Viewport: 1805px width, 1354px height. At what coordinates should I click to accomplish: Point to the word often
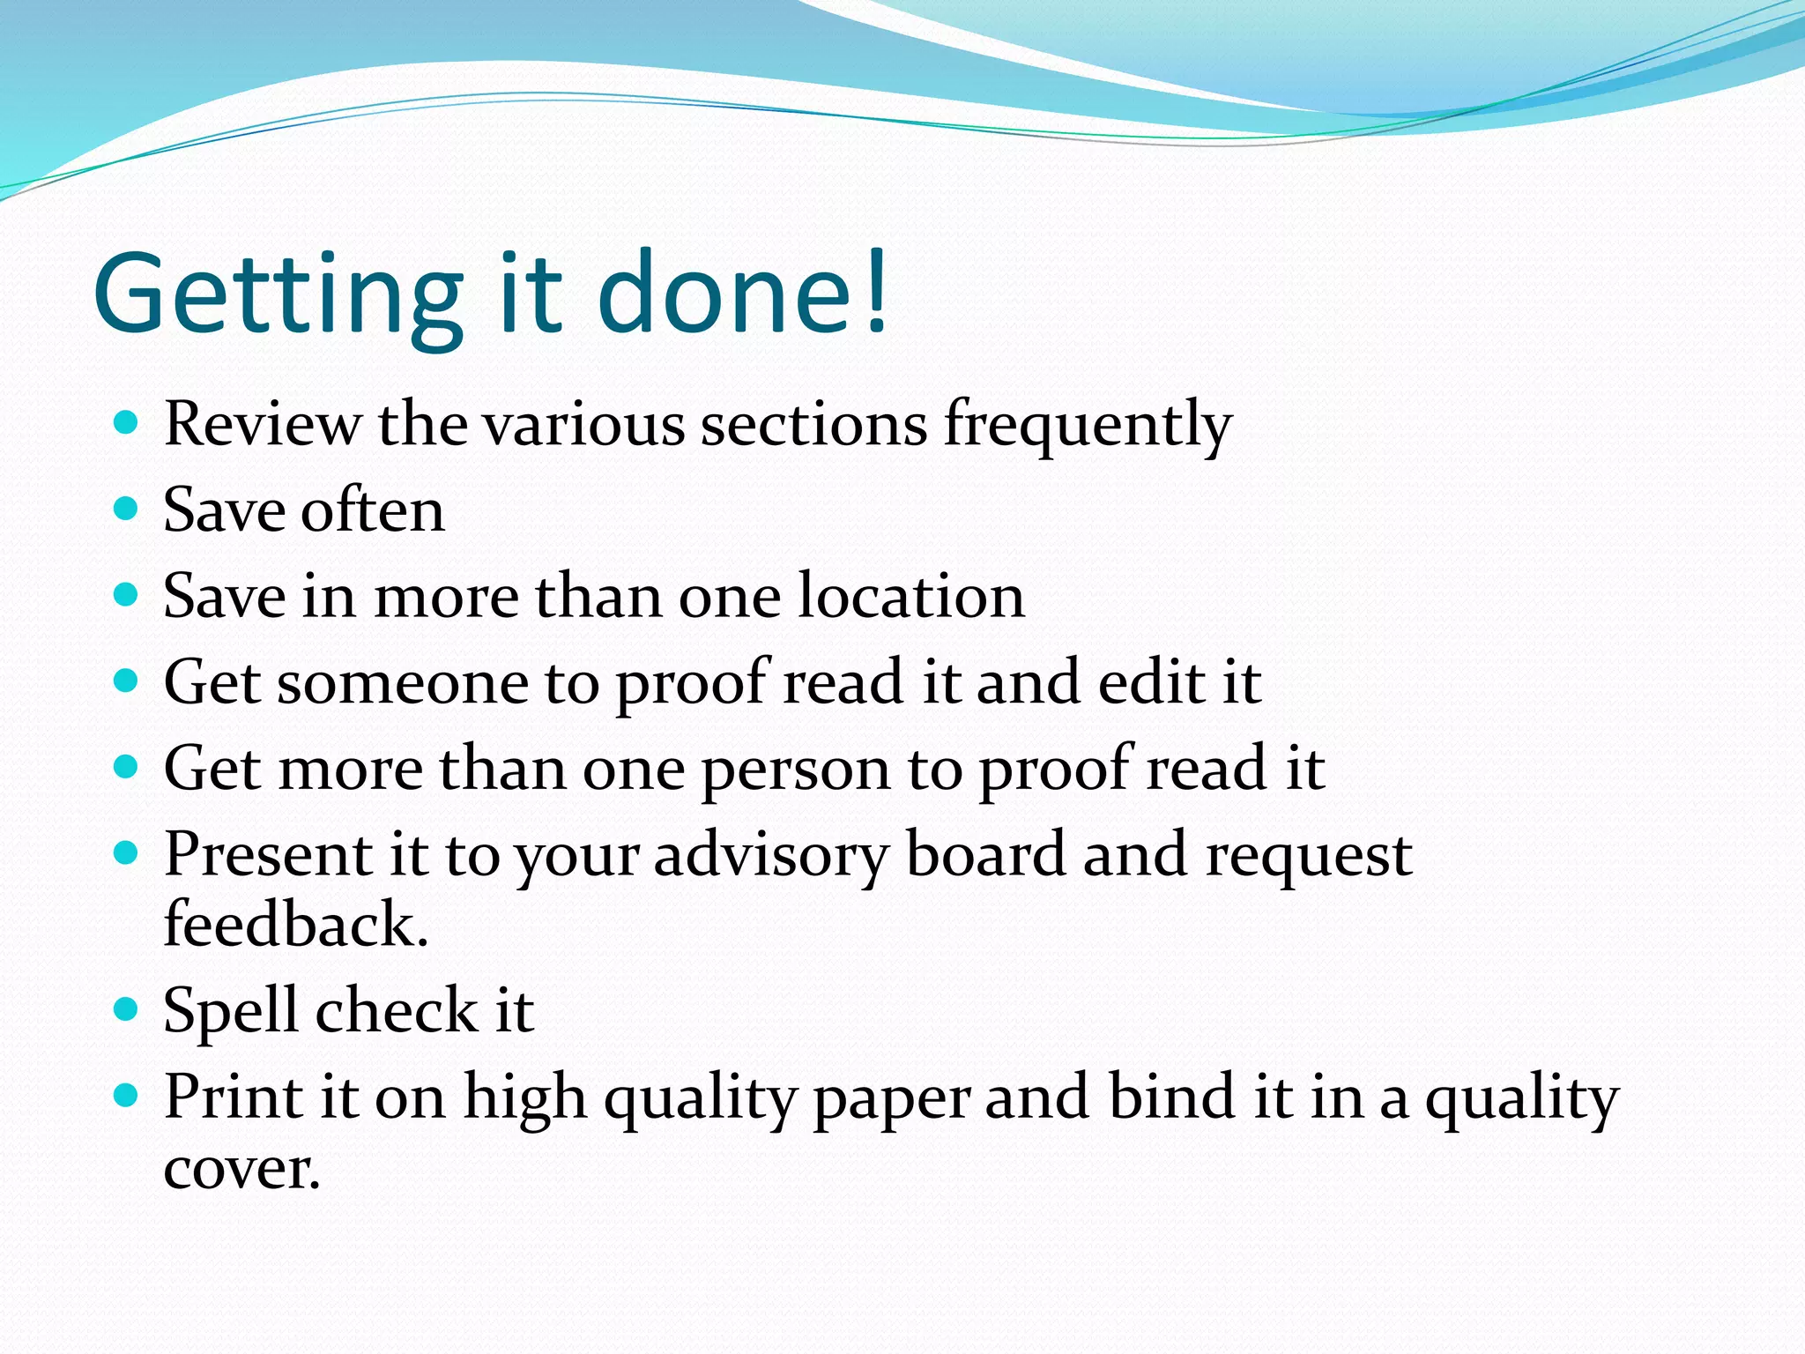click(x=373, y=510)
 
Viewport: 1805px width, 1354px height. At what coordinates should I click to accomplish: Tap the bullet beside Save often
click(x=127, y=509)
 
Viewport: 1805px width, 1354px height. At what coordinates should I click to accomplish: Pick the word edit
click(x=1151, y=682)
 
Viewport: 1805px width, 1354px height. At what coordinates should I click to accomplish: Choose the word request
click(x=1308, y=856)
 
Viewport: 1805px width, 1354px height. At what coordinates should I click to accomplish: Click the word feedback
click(x=295, y=925)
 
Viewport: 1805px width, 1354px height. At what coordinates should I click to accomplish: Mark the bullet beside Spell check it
click(x=127, y=1008)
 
